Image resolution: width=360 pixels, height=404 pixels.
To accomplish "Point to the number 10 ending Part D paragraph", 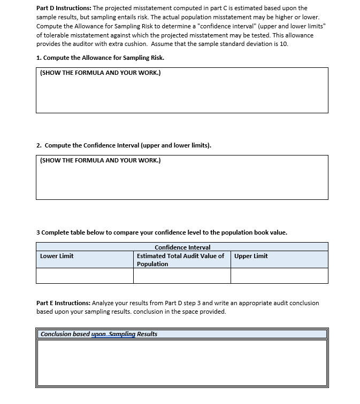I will (283, 44).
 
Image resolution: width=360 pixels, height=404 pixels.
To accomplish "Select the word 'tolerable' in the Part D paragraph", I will (56, 35).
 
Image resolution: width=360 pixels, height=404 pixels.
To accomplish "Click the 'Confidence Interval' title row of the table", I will (182, 247).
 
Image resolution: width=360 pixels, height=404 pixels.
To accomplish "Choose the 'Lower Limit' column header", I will (57, 256).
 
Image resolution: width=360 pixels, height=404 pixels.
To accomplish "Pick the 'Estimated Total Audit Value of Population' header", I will (181, 260).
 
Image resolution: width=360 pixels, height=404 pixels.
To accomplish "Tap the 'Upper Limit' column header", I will (251, 256).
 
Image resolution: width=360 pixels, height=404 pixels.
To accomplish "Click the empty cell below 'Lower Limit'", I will (85, 276).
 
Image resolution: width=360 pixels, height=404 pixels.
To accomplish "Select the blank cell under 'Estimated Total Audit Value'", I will (182, 276).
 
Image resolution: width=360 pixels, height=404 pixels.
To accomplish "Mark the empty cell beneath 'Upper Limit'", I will (279, 276).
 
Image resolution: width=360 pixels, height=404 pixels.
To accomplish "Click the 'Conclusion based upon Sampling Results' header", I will (99, 334).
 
